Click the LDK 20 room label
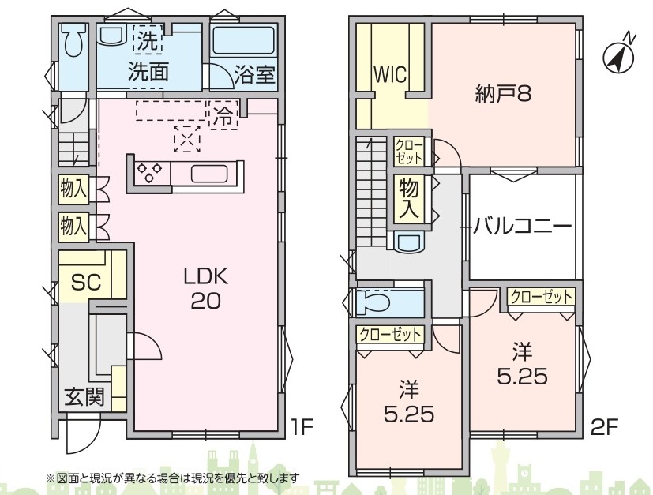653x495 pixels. click(x=206, y=288)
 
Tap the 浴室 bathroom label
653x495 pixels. click(x=254, y=74)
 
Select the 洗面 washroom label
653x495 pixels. click(x=148, y=71)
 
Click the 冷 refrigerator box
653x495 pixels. click(x=223, y=115)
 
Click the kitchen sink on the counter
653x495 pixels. click(x=209, y=174)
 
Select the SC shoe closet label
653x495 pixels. click(x=86, y=283)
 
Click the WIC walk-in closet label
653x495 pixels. click(x=390, y=75)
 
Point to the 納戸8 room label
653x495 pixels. click(x=503, y=94)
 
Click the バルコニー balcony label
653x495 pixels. click(x=522, y=227)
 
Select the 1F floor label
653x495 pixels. click(x=302, y=427)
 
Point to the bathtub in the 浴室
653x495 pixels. click(x=243, y=41)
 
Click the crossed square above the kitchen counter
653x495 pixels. click(x=187, y=139)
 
